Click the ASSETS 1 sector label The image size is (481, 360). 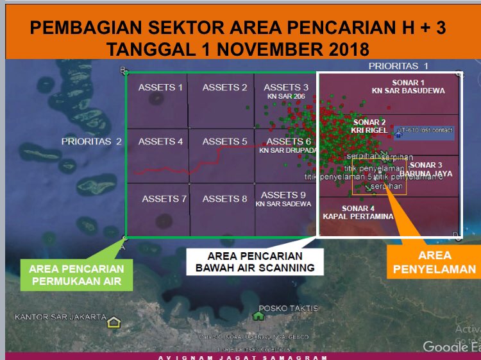[160, 87]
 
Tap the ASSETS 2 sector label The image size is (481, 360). [224, 87]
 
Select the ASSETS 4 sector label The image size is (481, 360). [160, 141]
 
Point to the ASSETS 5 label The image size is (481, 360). [224, 141]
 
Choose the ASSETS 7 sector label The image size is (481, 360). [164, 199]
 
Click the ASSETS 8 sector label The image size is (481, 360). [224, 199]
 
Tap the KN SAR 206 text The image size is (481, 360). [286, 96]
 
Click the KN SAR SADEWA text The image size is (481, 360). [283, 204]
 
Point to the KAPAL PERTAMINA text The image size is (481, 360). [358, 217]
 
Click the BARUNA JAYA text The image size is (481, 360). [426, 173]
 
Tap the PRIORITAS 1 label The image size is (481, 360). [398, 66]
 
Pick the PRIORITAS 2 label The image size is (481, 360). [92, 141]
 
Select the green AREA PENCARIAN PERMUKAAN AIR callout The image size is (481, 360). [76, 273]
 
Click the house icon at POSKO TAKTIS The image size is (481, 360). [258, 315]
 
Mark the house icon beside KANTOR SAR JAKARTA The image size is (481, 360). [114, 322]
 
